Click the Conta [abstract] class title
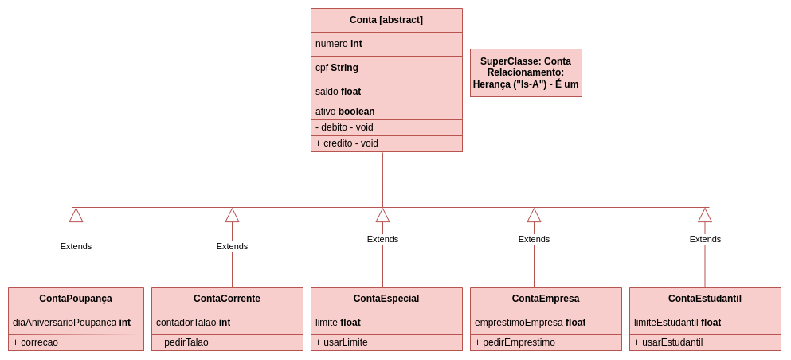(386, 20)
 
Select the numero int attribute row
(386, 44)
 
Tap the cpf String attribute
(386, 68)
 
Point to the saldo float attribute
(386, 92)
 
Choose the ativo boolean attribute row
(386, 112)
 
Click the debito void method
(386, 127)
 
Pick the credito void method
(386, 143)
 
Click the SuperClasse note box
(526, 72)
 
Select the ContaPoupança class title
(76, 299)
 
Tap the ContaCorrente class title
(227, 299)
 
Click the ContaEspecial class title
(386, 299)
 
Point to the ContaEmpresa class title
(546, 299)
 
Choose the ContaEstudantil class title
(705, 299)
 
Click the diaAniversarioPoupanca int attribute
(76, 323)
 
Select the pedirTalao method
(227, 342)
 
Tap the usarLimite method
(386, 342)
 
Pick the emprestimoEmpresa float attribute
(546, 323)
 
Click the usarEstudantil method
(705, 342)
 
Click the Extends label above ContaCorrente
(232, 246)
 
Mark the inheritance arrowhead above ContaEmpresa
(534, 215)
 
